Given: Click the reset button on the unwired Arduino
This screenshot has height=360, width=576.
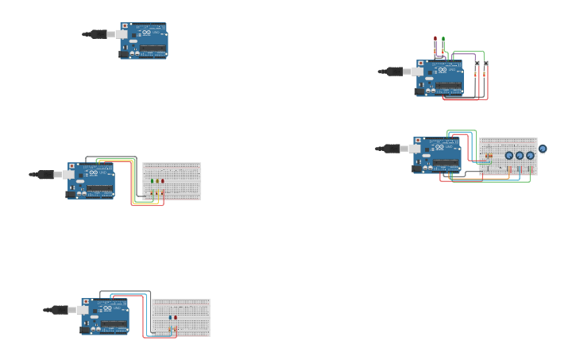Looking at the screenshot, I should click(x=125, y=26).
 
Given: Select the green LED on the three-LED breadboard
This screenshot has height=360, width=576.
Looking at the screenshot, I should click(x=152, y=181).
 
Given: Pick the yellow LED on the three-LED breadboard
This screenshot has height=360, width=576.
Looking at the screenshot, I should click(x=157, y=181).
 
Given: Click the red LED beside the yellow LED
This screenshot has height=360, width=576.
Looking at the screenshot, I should click(x=163, y=181).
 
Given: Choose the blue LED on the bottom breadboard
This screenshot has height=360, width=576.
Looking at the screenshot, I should click(x=171, y=317).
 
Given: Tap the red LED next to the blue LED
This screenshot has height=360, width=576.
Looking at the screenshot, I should click(x=176, y=317).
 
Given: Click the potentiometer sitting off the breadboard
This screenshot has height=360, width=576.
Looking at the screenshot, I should click(x=543, y=149).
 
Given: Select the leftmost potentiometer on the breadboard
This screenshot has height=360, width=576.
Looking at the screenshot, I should click(x=509, y=156).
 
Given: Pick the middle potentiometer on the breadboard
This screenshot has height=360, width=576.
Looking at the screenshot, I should click(x=520, y=156).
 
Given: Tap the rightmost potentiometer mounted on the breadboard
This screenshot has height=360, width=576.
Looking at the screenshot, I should click(x=530, y=156).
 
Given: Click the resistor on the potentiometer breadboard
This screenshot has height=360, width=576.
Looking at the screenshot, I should click(x=489, y=156).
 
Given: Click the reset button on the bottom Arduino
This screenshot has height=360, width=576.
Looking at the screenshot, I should click(x=86, y=302).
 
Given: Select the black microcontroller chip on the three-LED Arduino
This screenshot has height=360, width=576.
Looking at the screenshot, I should click(x=100, y=189).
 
